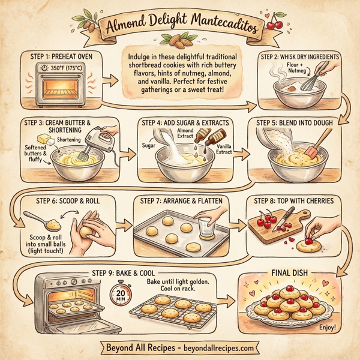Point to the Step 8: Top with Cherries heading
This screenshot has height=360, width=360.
coord(294,200)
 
